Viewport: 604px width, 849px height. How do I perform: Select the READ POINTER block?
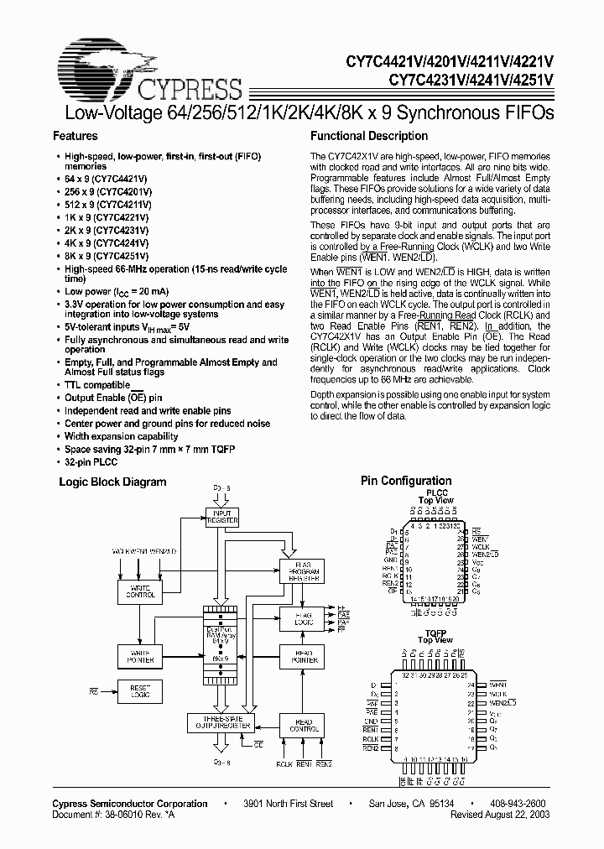304,656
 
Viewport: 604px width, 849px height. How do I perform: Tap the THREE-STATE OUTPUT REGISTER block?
222,723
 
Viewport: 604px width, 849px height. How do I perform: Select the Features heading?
75,136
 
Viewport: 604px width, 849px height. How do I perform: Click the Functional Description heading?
369,136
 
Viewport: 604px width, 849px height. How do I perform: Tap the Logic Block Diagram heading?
112,482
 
